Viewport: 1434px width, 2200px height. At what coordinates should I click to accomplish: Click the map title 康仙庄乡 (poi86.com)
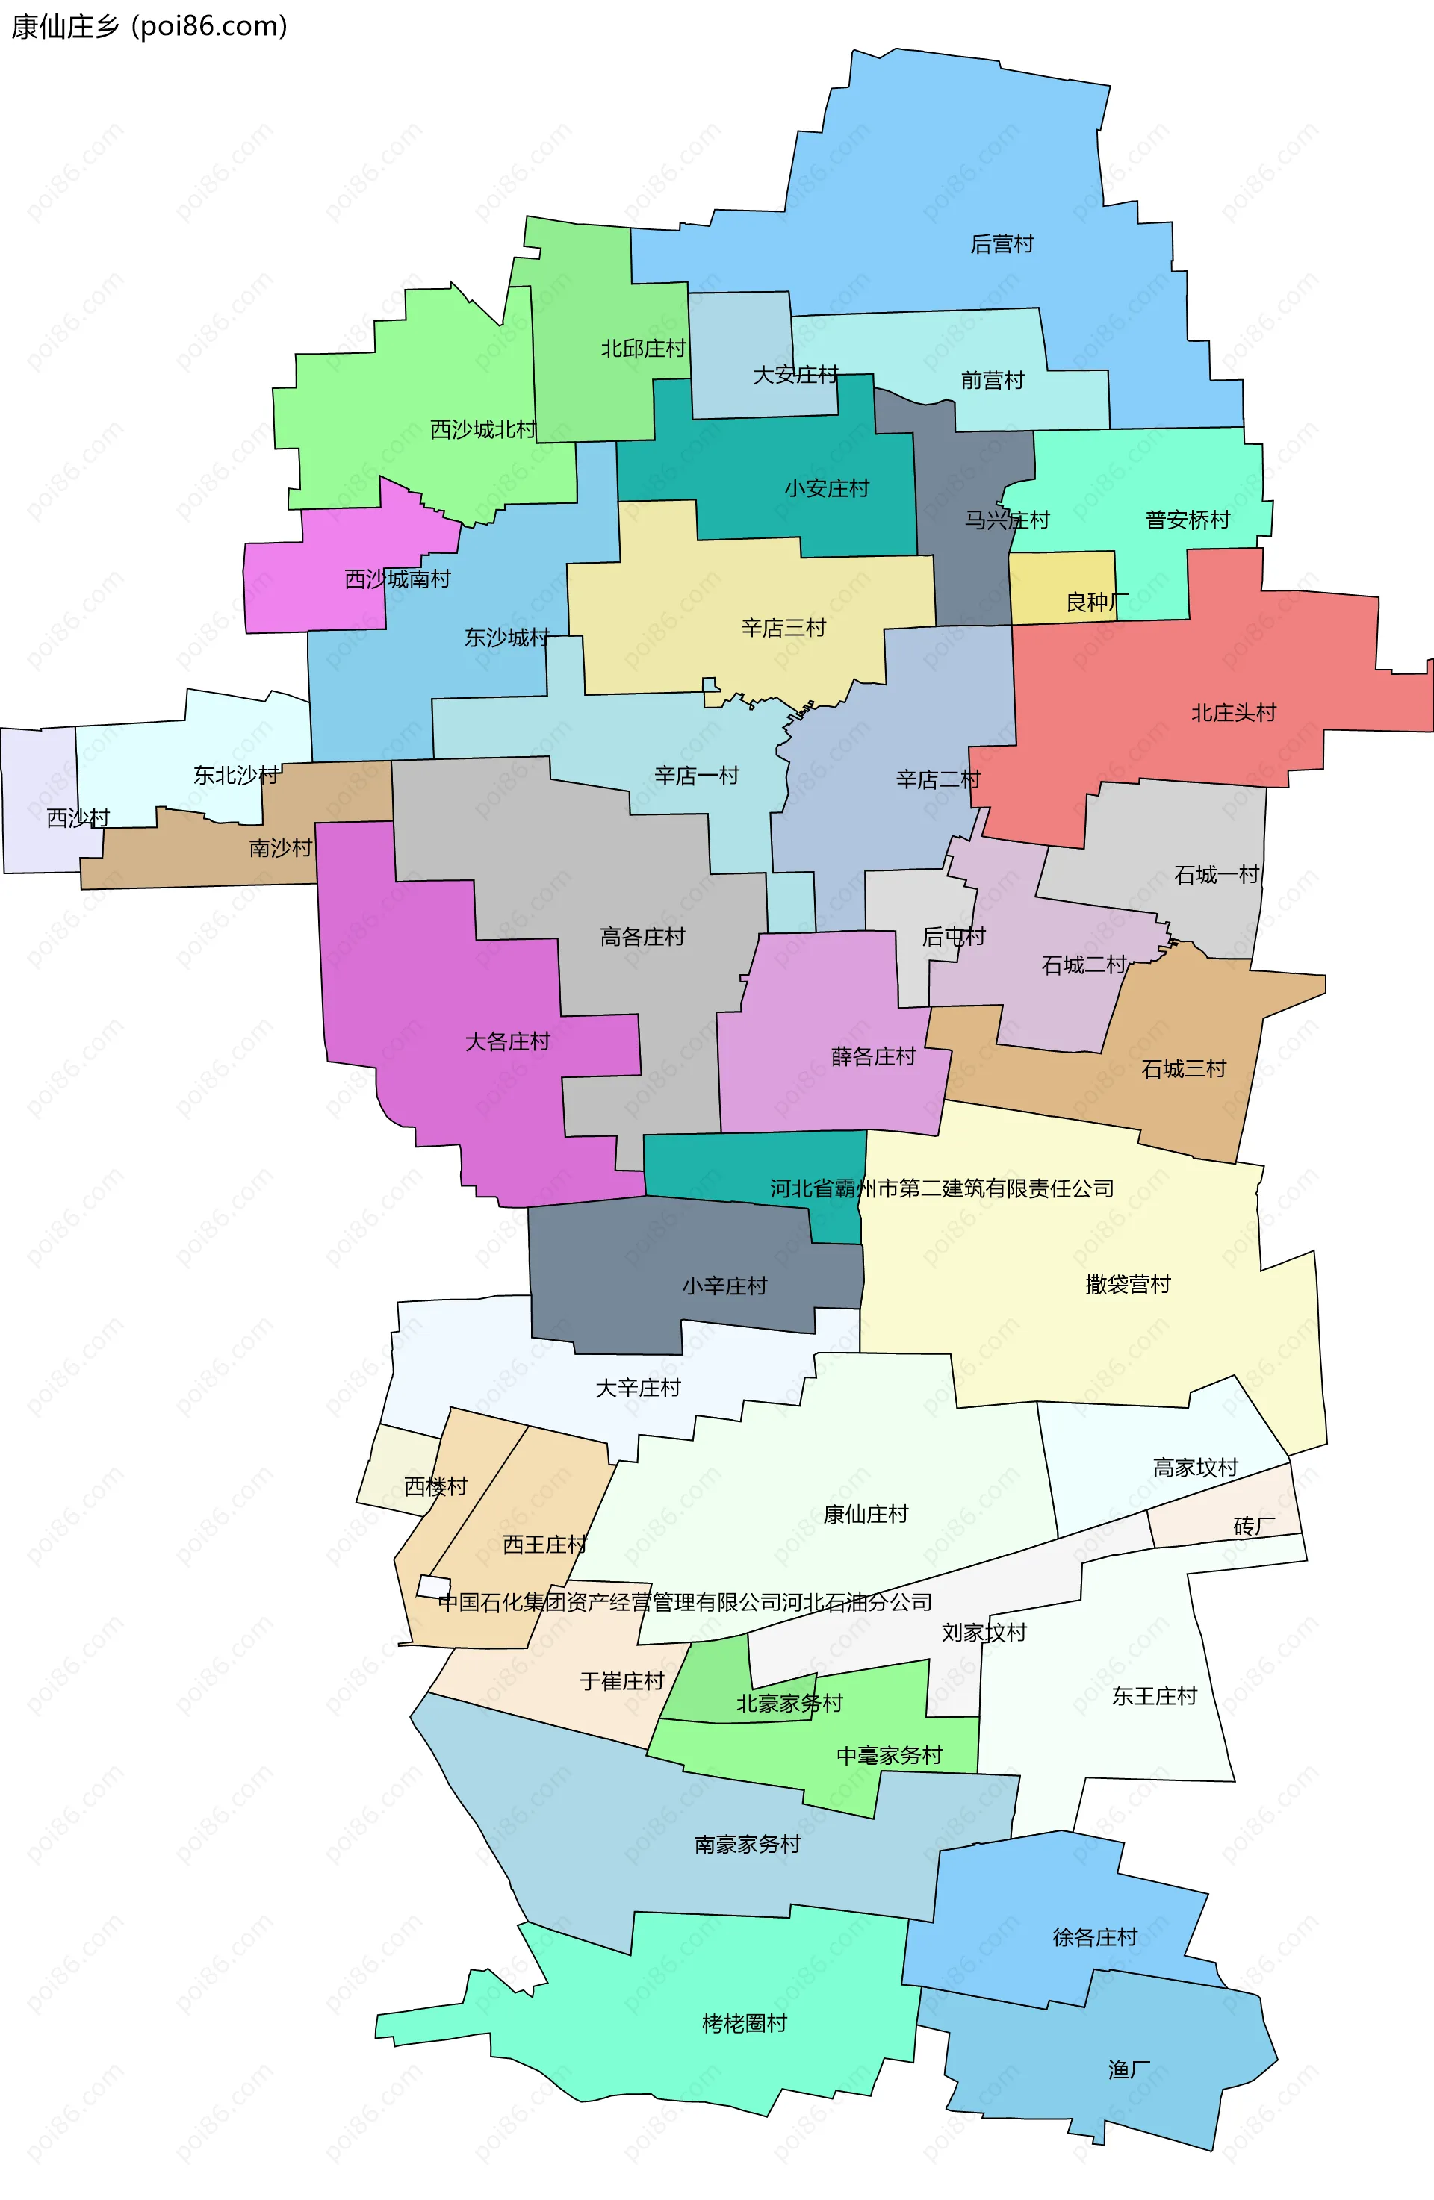149,26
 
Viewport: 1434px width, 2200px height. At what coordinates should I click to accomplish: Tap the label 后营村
1002,244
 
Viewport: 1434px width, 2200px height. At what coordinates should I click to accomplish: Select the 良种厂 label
1096,602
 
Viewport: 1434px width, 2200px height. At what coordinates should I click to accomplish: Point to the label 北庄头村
1233,713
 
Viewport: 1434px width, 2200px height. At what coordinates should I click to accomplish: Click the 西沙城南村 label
397,579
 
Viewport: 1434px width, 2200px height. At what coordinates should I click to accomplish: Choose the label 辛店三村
783,629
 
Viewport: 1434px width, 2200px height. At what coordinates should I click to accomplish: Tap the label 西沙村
78,818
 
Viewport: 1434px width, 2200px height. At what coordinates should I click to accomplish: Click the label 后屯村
953,938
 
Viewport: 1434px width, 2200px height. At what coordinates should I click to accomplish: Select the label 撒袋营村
1127,1284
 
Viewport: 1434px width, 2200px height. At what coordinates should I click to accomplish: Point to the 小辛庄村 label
725,1286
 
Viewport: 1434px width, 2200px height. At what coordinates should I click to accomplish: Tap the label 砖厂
1254,1526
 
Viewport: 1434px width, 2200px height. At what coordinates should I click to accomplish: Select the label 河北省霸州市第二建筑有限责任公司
941,1188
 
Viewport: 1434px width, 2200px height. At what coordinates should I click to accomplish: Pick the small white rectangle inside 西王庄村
432,1586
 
